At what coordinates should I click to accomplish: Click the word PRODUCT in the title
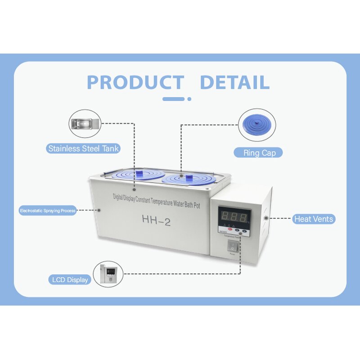pyautogui.click(x=135, y=82)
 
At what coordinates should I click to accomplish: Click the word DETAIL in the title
pyautogui.click(x=234, y=82)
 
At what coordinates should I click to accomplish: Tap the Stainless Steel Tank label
pyautogui.click(x=84, y=148)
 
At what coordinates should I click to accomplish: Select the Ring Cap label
pyautogui.click(x=259, y=153)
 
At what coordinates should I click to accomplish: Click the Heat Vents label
pyautogui.click(x=314, y=219)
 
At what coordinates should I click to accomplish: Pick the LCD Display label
pyautogui.click(x=71, y=279)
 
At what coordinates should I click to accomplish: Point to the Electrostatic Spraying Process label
pyautogui.click(x=47, y=210)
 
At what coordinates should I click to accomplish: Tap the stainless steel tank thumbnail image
pyautogui.click(x=84, y=124)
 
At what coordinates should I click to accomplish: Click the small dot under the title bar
pyautogui.click(x=189, y=99)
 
